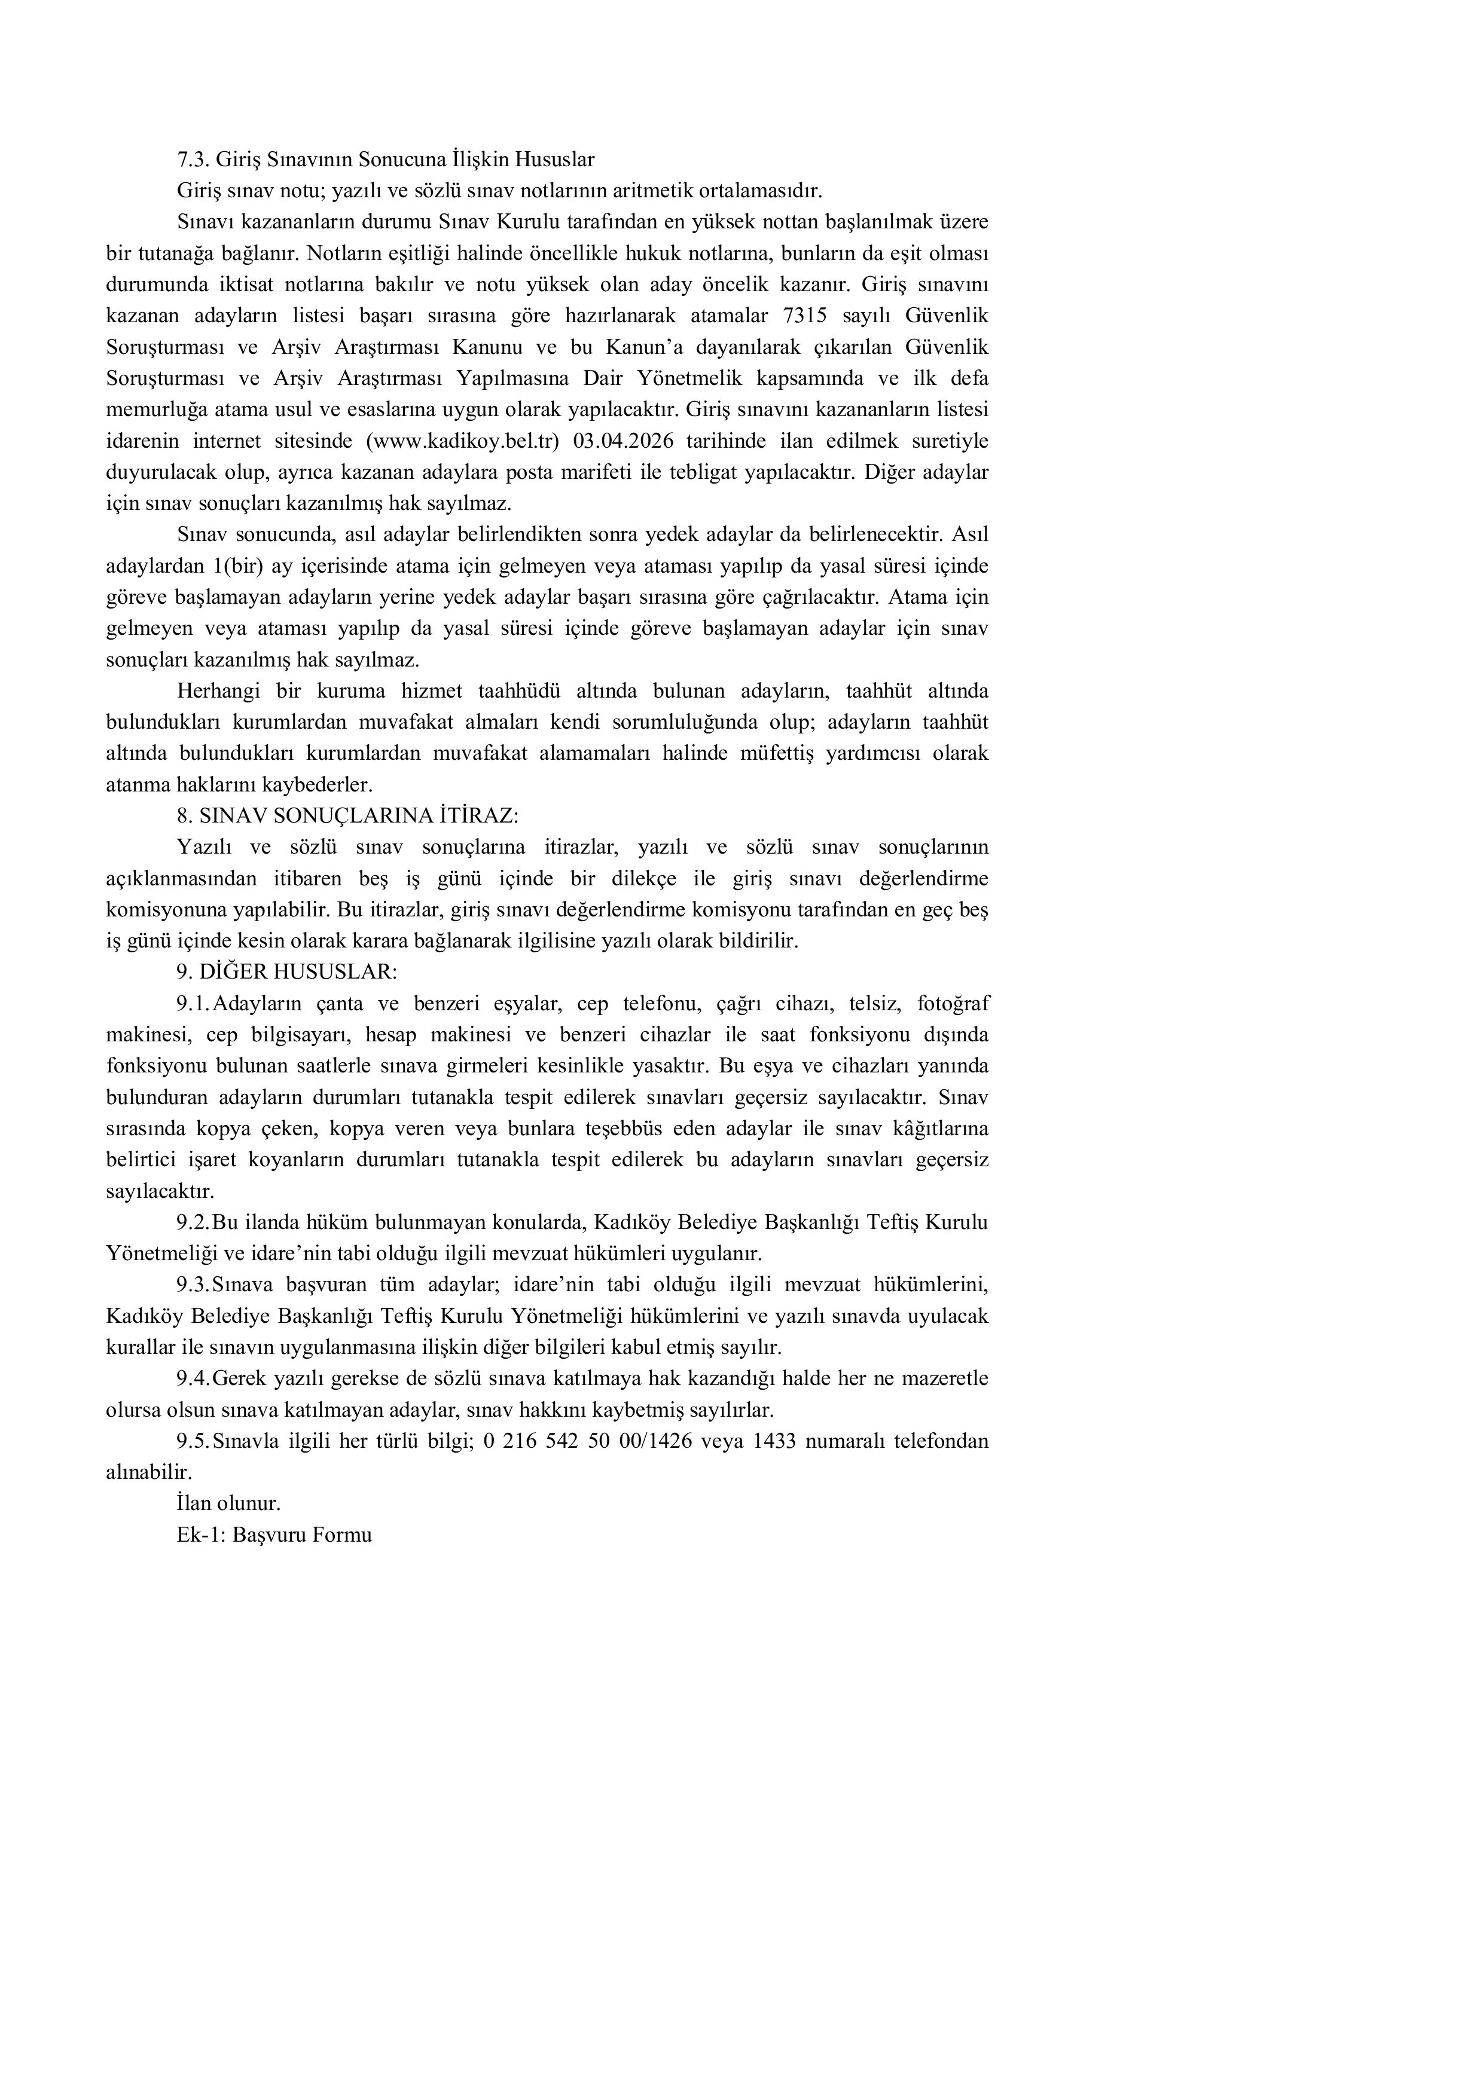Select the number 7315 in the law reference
click(x=805, y=316)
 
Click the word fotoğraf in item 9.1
click(x=953, y=1004)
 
